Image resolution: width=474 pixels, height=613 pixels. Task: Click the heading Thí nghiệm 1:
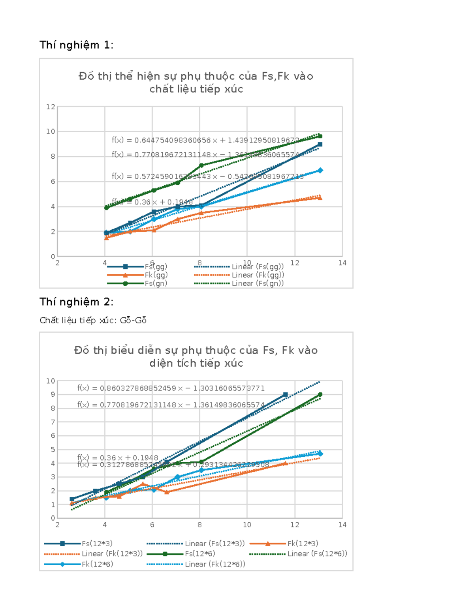pyautogui.click(x=76, y=45)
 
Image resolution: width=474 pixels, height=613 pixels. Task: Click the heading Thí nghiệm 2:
pyautogui.click(x=76, y=302)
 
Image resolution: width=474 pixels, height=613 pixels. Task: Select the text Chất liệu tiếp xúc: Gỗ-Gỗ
pyautogui.click(x=93, y=320)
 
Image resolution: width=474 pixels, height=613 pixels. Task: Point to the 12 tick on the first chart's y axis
pyautogui.click(x=51, y=107)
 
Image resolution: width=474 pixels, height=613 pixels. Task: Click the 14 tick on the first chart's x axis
pyautogui.click(x=342, y=263)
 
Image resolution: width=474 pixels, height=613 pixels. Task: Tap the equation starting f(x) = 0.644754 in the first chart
pyautogui.click(x=205, y=140)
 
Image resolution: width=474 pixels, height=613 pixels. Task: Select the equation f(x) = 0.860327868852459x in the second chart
pyautogui.click(x=171, y=388)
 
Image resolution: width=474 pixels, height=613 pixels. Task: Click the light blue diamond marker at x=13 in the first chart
pyautogui.click(x=320, y=171)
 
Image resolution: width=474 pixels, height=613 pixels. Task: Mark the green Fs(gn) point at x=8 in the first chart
pyautogui.click(x=201, y=165)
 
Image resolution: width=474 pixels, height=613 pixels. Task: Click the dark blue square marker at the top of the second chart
pyautogui.click(x=285, y=395)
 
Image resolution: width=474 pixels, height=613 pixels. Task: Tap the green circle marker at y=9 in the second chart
pyautogui.click(x=320, y=395)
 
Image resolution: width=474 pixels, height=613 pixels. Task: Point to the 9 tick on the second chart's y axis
pyautogui.click(x=53, y=395)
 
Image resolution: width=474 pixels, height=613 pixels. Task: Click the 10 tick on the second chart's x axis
pyautogui.click(x=247, y=525)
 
